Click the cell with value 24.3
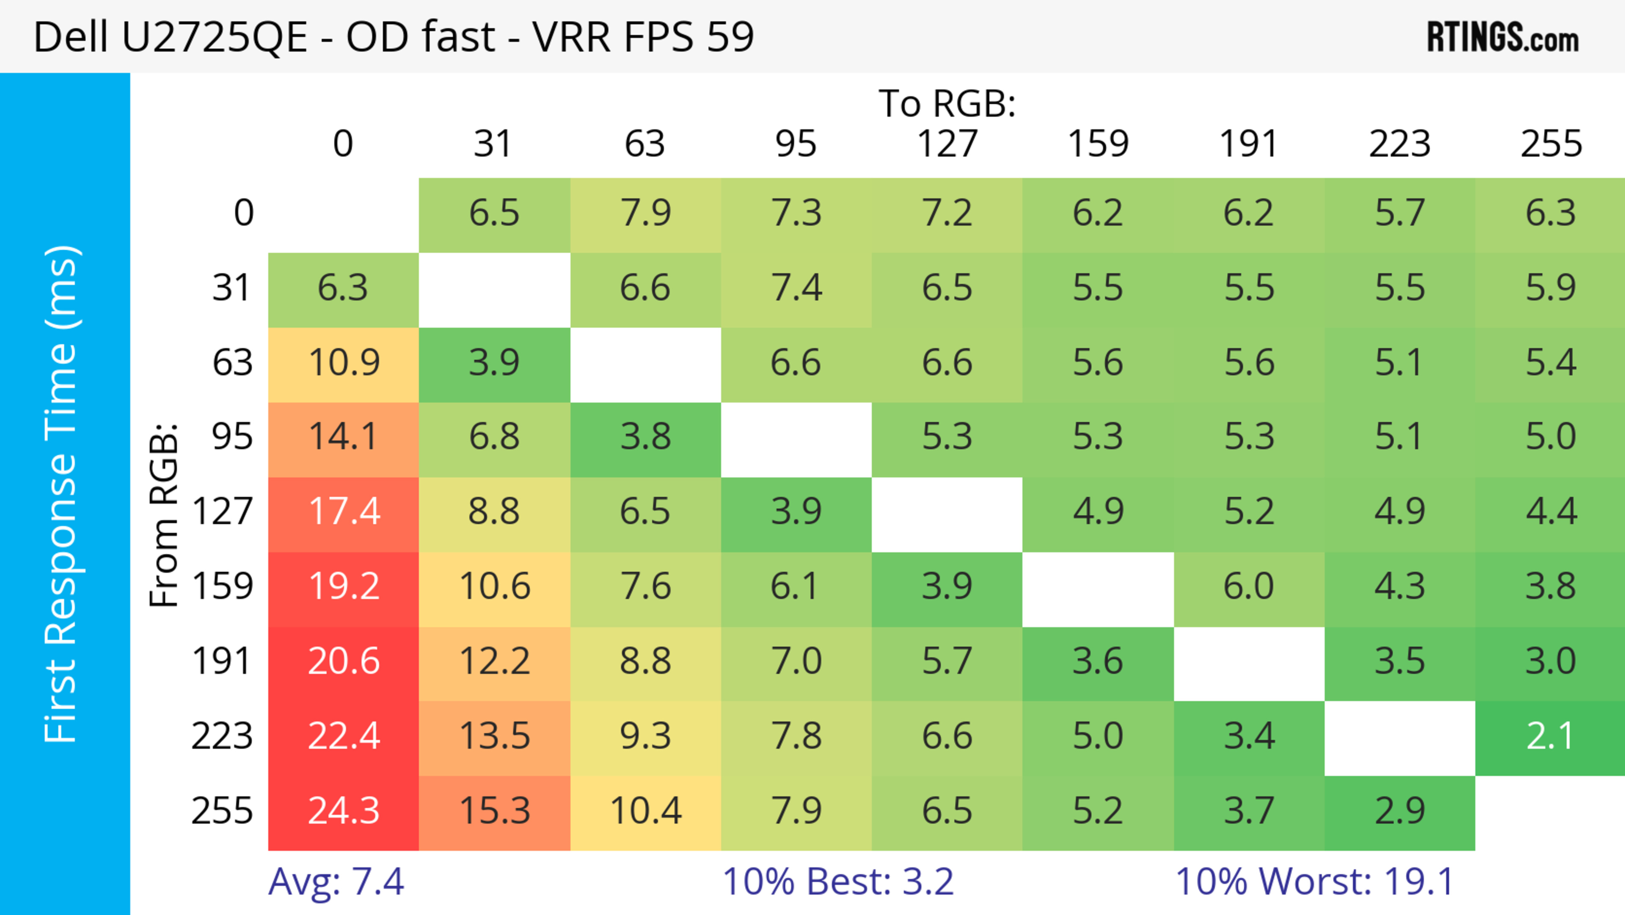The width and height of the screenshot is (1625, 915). [x=343, y=812]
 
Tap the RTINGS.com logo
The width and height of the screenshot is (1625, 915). [x=1503, y=38]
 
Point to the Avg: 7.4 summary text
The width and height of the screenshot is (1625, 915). [x=336, y=882]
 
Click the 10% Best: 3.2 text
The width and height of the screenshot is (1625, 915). [x=838, y=882]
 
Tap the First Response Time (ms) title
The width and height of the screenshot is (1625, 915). [x=62, y=493]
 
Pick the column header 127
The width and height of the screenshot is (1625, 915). [x=947, y=144]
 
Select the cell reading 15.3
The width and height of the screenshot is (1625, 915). [x=495, y=812]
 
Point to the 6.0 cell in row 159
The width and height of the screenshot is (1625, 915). [x=1248, y=587]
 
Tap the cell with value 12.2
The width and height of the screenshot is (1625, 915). [x=495, y=662]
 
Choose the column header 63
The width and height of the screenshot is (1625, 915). [x=644, y=144]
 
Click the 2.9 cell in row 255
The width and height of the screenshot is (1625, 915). [x=1399, y=812]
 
